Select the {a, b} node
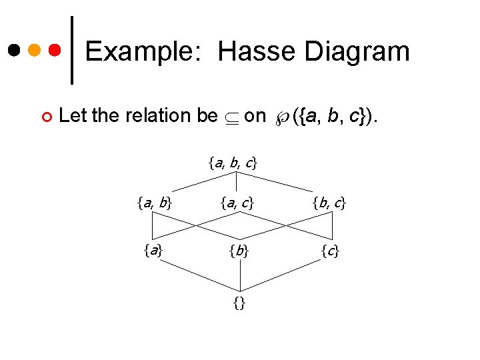tap(155, 203)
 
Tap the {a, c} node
tap(237, 203)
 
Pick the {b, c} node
tap(329, 203)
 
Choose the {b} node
tap(238, 251)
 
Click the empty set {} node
tap(239, 304)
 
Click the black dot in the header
tap(15, 50)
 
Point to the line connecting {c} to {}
tap(285, 277)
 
